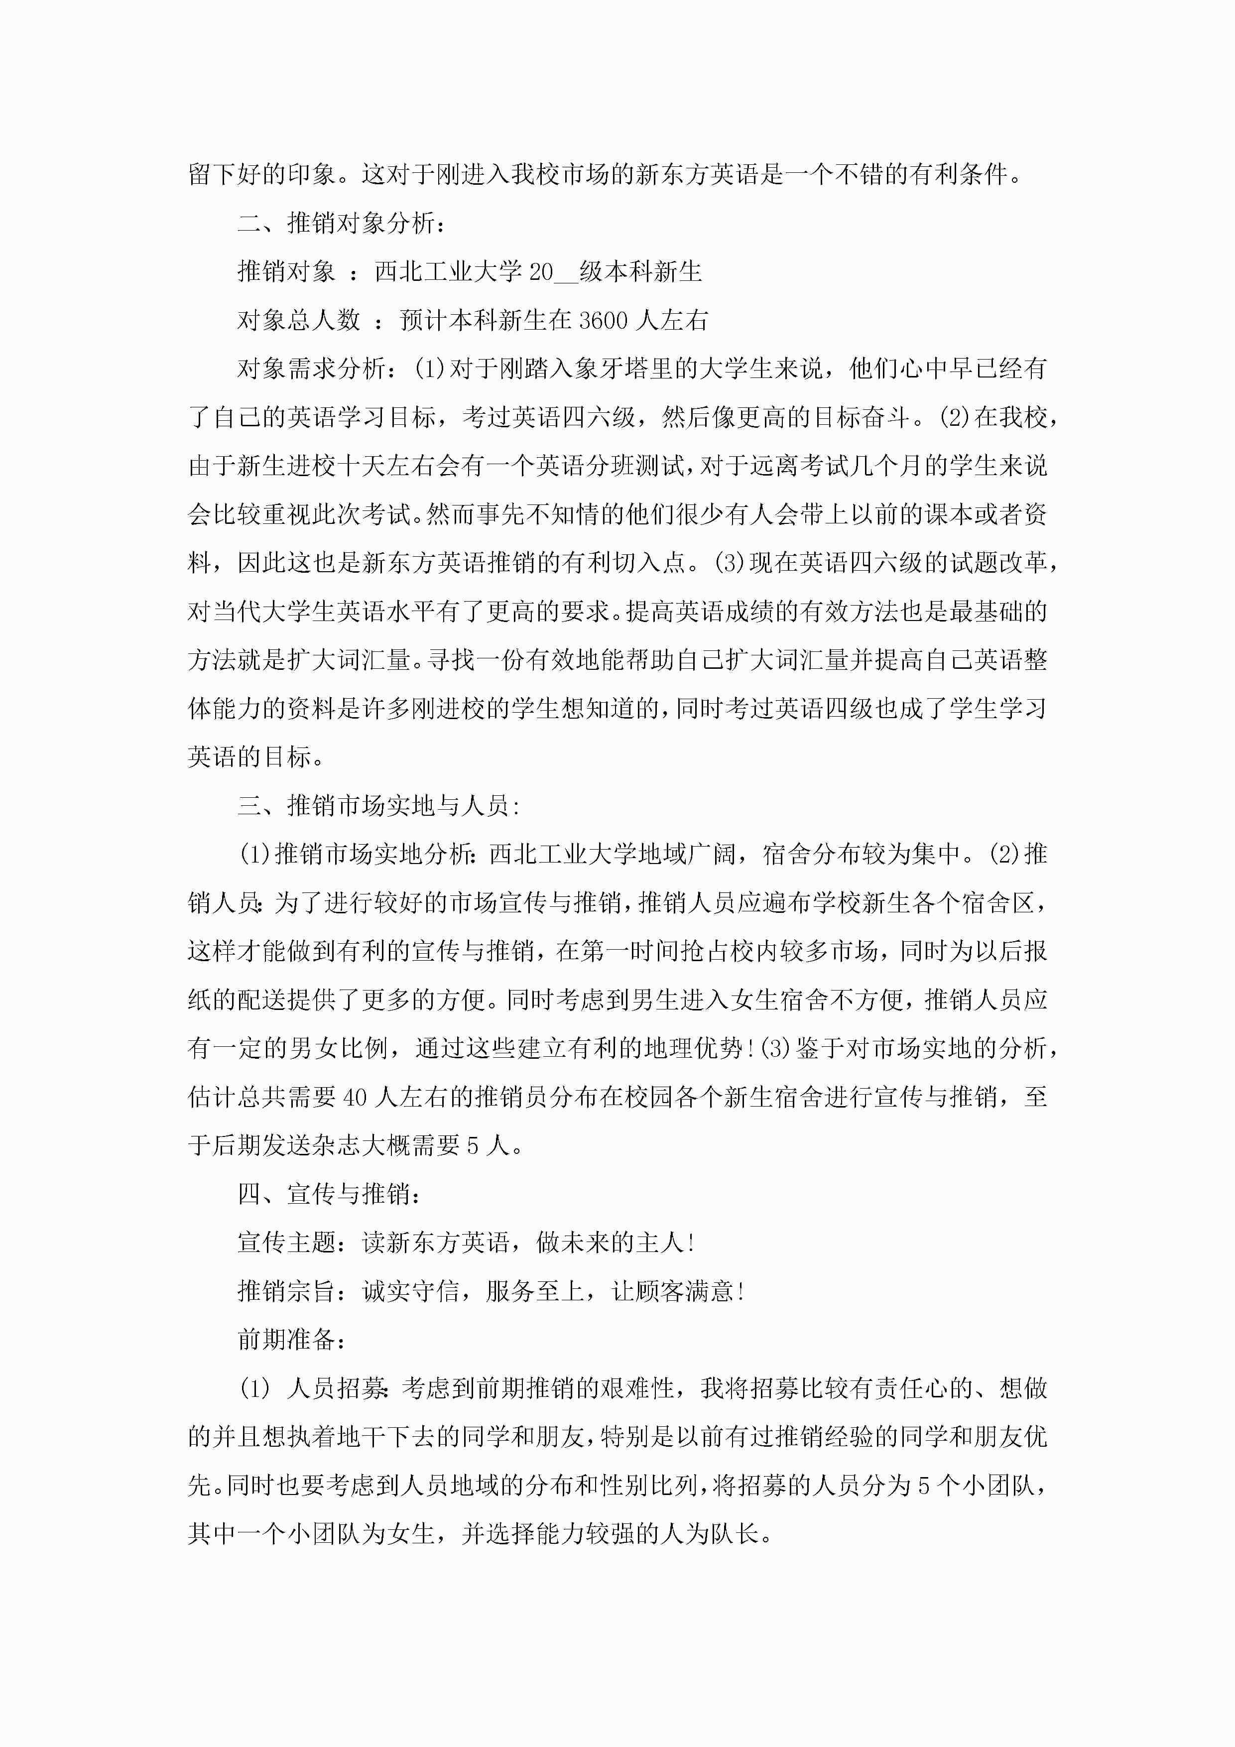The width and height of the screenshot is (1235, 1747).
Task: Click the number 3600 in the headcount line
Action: coord(604,320)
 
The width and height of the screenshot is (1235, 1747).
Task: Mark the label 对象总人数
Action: coord(298,320)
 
